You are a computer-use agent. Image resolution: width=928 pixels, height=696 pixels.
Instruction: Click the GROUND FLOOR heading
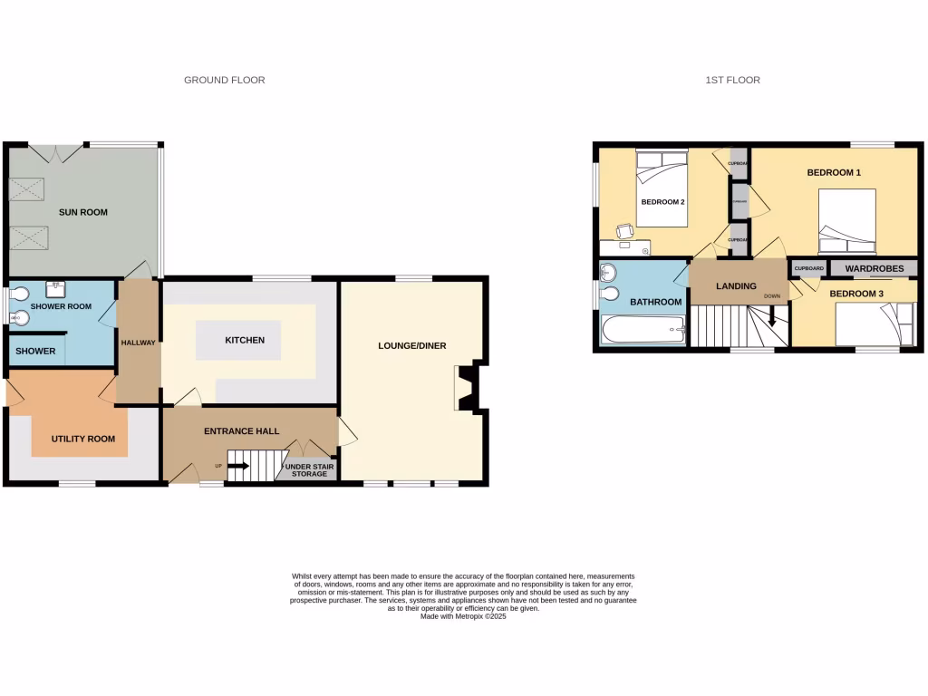224,81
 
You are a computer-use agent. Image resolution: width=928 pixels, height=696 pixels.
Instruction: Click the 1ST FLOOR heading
732,81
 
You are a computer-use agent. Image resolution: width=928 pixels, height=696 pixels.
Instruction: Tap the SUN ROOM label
82,213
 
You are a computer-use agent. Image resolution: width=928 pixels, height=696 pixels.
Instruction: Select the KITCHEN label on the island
245,341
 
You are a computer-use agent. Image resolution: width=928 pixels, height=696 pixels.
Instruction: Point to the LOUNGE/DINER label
411,345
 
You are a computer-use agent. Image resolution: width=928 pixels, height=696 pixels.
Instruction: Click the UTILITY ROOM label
82,440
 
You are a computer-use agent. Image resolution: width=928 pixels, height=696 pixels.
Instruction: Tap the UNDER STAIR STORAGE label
309,469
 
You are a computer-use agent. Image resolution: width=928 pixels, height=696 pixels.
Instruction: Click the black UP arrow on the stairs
238,467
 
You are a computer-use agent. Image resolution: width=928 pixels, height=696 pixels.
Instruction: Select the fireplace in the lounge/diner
465,387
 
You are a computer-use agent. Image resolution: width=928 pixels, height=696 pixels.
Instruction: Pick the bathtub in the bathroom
642,331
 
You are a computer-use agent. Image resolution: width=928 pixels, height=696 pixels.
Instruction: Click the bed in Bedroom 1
846,222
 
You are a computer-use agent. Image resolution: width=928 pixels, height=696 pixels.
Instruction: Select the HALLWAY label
139,343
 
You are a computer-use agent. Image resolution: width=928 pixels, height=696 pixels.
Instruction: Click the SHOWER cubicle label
35,352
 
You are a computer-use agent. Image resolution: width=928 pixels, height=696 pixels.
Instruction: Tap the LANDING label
736,286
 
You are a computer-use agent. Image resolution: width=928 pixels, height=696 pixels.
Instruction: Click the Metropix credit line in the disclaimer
463,616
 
